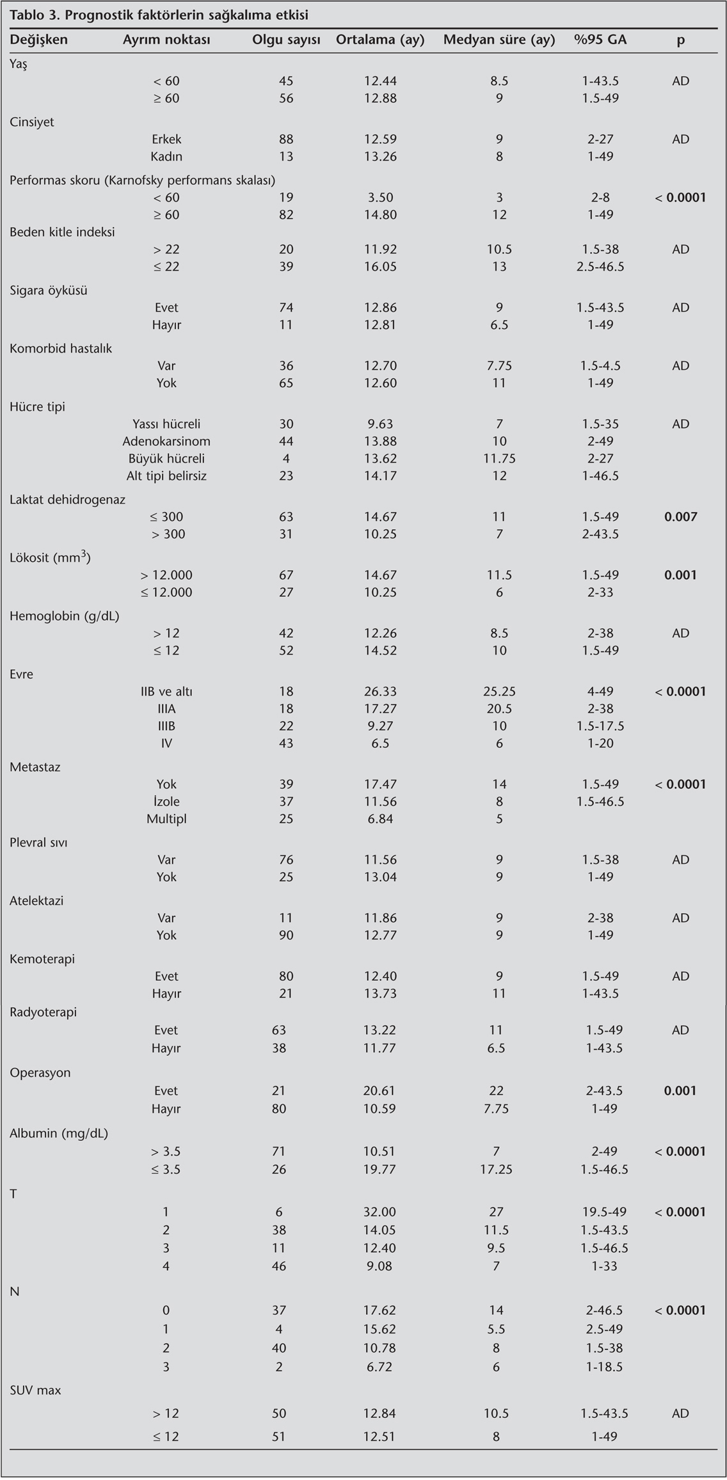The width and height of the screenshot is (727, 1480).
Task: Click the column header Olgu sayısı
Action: point(286,40)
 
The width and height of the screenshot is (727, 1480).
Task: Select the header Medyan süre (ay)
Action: point(499,40)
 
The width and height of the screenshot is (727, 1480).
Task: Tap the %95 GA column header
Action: point(600,40)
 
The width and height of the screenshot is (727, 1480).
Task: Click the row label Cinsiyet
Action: point(32,122)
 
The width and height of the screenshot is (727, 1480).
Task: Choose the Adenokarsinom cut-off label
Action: point(166,442)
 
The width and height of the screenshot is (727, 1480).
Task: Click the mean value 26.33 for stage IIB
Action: point(380,692)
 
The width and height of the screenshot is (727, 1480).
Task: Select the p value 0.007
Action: point(680,517)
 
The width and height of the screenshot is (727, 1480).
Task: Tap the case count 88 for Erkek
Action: point(286,139)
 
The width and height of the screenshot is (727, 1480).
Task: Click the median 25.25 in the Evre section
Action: point(499,692)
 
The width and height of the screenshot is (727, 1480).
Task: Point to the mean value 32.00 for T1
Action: point(380,1212)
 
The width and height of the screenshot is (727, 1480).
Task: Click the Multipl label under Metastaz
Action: point(166,819)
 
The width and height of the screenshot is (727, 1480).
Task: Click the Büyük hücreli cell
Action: point(166,459)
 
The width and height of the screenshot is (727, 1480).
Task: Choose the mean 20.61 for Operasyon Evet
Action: point(380,1091)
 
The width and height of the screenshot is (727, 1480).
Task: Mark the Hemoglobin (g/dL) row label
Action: point(65,616)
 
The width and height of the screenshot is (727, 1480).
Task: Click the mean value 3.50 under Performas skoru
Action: point(380,198)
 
